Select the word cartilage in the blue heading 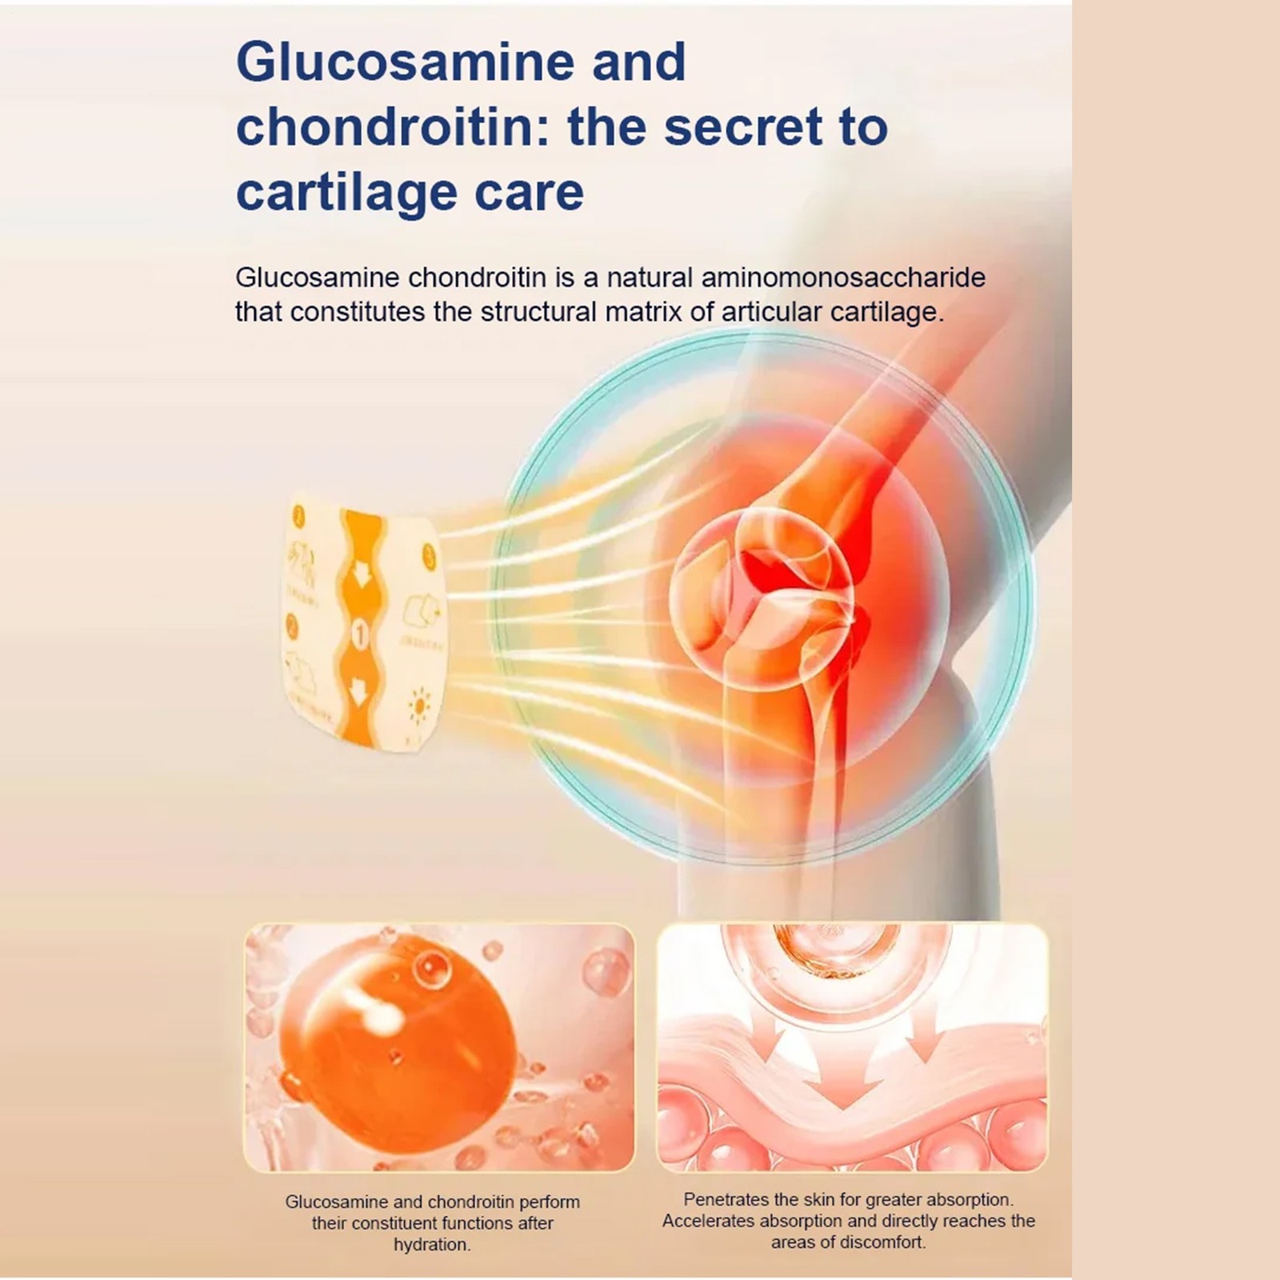click(x=347, y=193)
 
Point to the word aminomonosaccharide click(x=843, y=278)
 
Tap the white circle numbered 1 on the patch click(x=361, y=635)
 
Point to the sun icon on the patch click(x=418, y=706)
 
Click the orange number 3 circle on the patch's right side click(x=430, y=556)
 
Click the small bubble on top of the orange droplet click(x=433, y=969)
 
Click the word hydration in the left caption click(x=431, y=1245)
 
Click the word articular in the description click(x=771, y=312)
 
